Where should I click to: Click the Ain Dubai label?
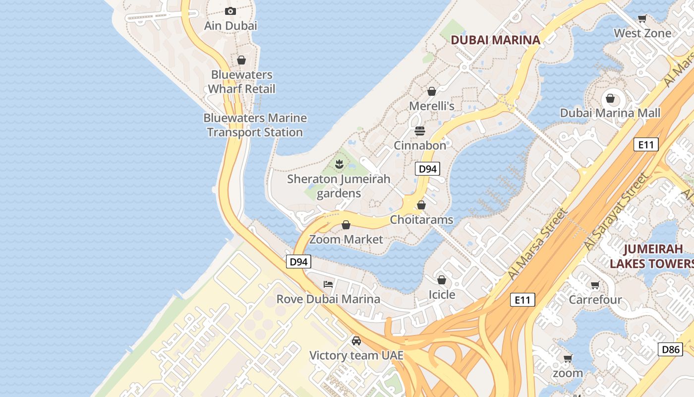(x=231, y=25)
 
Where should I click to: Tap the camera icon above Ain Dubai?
(x=231, y=11)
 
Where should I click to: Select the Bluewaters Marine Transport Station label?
(x=255, y=125)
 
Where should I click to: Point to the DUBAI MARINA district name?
(x=495, y=40)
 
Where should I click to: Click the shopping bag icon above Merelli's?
(x=431, y=91)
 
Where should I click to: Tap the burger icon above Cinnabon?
(x=420, y=131)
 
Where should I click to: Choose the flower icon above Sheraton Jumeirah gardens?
(x=339, y=164)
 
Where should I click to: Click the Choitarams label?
(x=421, y=219)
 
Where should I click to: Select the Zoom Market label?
(x=346, y=239)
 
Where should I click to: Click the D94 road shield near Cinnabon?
(x=427, y=169)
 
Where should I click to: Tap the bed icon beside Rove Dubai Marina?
(x=328, y=284)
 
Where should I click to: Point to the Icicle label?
(x=442, y=295)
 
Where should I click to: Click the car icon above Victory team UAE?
(x=356, y=341)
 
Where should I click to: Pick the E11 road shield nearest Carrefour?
(x=522, y=300)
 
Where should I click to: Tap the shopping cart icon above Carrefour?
(x=595, y=285)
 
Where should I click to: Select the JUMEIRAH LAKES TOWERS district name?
(x=651, y=256)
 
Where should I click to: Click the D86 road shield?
(x=671, y=349)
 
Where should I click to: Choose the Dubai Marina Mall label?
(x=610, y=113)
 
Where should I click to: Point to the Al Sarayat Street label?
(x=616, y=212)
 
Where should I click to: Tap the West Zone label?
(x=642, y=33)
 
